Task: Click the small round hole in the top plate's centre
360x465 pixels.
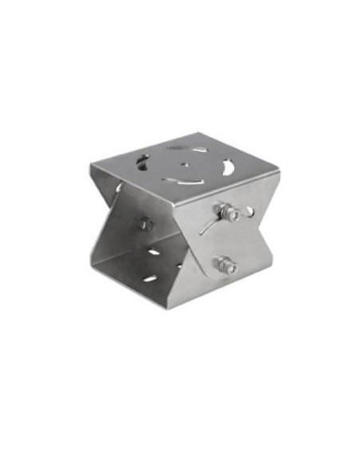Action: pyautogui.click(x=184, y=166)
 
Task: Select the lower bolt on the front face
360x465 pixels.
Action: pyautogui.click(x=225, y=264)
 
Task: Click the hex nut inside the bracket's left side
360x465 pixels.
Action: pyautogui.click(x=146, y=225)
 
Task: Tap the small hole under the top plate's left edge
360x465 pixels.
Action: pyautogui.click(x=119, y=188)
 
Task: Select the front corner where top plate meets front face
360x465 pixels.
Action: pyautogui.click(x=174, y=200)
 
